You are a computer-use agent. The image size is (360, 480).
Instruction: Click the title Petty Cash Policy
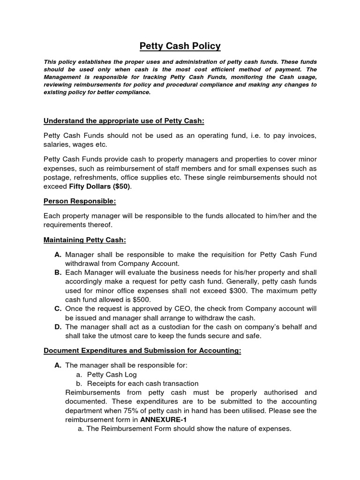(x=180, y=46)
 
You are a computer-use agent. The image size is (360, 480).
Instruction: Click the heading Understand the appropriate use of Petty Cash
(x=124, y=121)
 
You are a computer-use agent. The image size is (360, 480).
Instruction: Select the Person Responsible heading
(x=80, y=201)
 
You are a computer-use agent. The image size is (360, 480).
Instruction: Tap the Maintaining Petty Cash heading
(x=85, y=240)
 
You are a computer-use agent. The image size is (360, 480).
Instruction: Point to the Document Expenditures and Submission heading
(x=142, y=350)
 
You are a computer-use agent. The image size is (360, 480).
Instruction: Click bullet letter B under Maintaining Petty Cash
(x=58, y=272)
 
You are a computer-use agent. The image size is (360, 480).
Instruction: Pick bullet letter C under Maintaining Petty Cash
(x=58, y=309)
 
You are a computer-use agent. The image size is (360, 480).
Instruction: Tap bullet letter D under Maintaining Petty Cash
(x=58, y=327)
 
